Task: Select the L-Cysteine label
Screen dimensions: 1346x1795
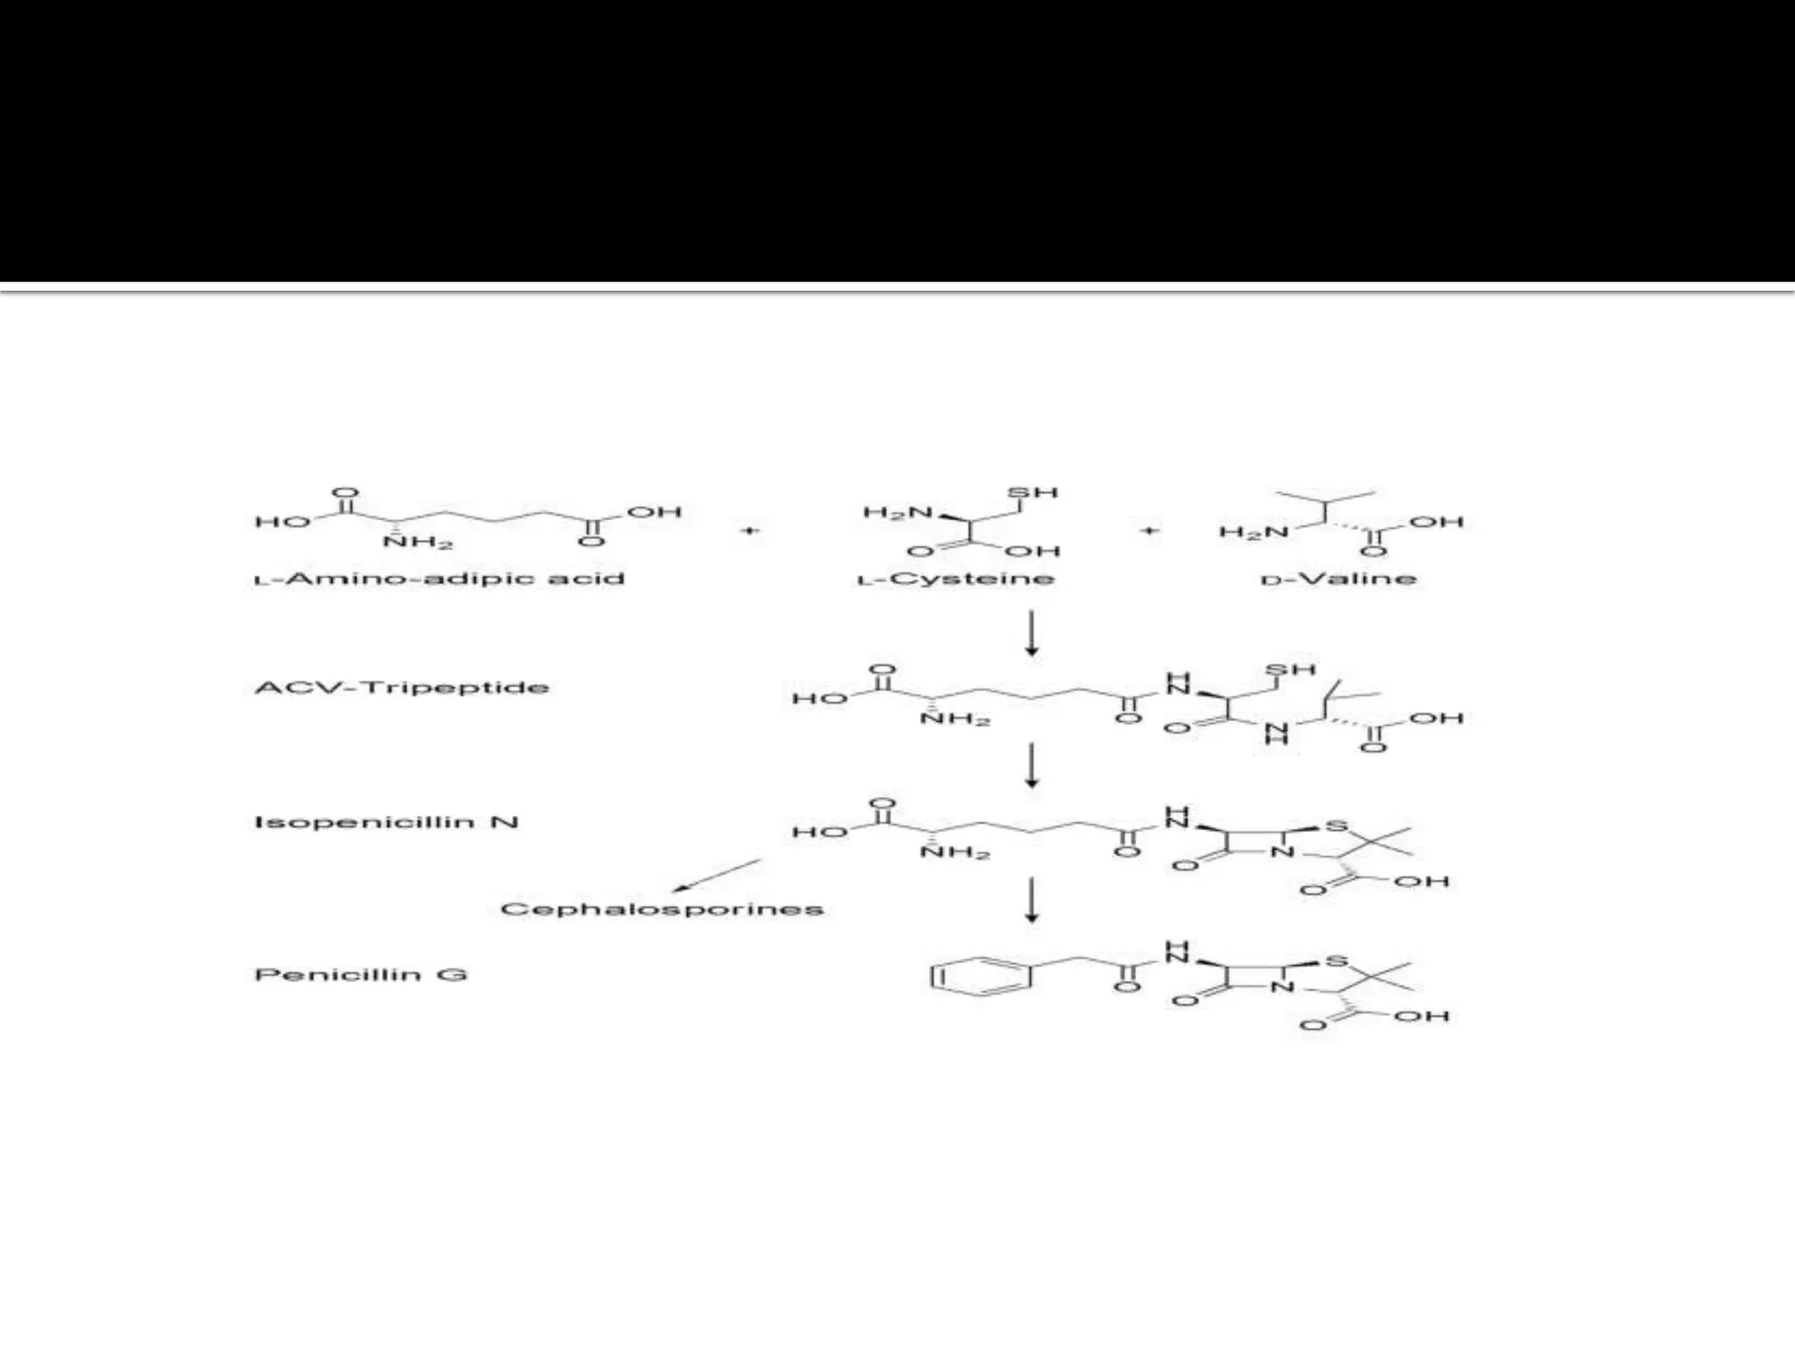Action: coord(955,579)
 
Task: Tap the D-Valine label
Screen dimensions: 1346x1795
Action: coord(1338,579)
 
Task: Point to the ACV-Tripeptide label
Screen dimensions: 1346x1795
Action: coord(401,687)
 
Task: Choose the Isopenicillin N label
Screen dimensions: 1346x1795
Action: coord(386,822)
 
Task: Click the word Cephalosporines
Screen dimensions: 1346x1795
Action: coord(662,909)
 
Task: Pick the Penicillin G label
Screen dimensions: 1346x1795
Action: coord(360,974)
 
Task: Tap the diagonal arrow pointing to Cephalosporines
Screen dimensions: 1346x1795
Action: coord(716,876)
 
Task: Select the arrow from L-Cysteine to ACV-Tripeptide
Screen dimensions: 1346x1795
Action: coord(1032,633)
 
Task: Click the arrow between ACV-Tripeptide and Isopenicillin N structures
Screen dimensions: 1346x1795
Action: coord(1032,765)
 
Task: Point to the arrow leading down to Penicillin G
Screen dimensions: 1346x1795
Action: coord(1032,900)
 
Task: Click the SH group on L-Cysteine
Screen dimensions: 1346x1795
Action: coord(1033,492)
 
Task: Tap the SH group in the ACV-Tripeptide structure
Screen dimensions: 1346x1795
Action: coord(1290,670)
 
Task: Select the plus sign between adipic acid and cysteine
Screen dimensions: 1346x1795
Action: coord(750,530)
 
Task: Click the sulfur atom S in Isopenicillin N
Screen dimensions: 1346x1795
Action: coord(1337,826)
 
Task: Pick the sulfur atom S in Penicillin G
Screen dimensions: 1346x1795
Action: coord(1337,962)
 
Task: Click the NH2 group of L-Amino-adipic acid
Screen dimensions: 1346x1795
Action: coord(418,542)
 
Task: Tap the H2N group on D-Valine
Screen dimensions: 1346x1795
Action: coord(1253,532)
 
